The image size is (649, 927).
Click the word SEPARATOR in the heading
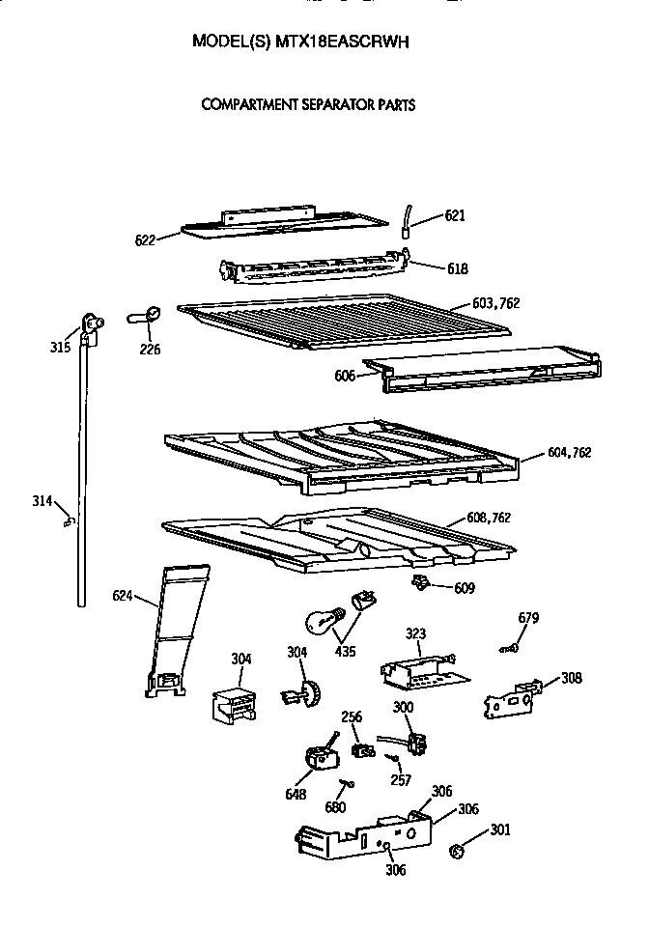[x=324, y=104]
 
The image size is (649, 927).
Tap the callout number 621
[x=455, y=215]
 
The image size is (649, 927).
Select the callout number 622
[x=146, y=240]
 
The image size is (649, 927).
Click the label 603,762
[x=496, y=303]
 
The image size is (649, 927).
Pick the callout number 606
[x=346, y=376]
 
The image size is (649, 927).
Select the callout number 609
[x=465, y=586]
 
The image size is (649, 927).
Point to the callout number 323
[x=415, y=634]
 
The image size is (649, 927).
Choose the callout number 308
[x=572, y=678]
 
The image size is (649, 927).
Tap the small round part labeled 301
[x=459, y=852]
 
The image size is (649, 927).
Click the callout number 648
[x=296, y=794]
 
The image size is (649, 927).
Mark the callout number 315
[x=61, y=347]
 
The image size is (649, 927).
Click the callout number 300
[x=403, y=708]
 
